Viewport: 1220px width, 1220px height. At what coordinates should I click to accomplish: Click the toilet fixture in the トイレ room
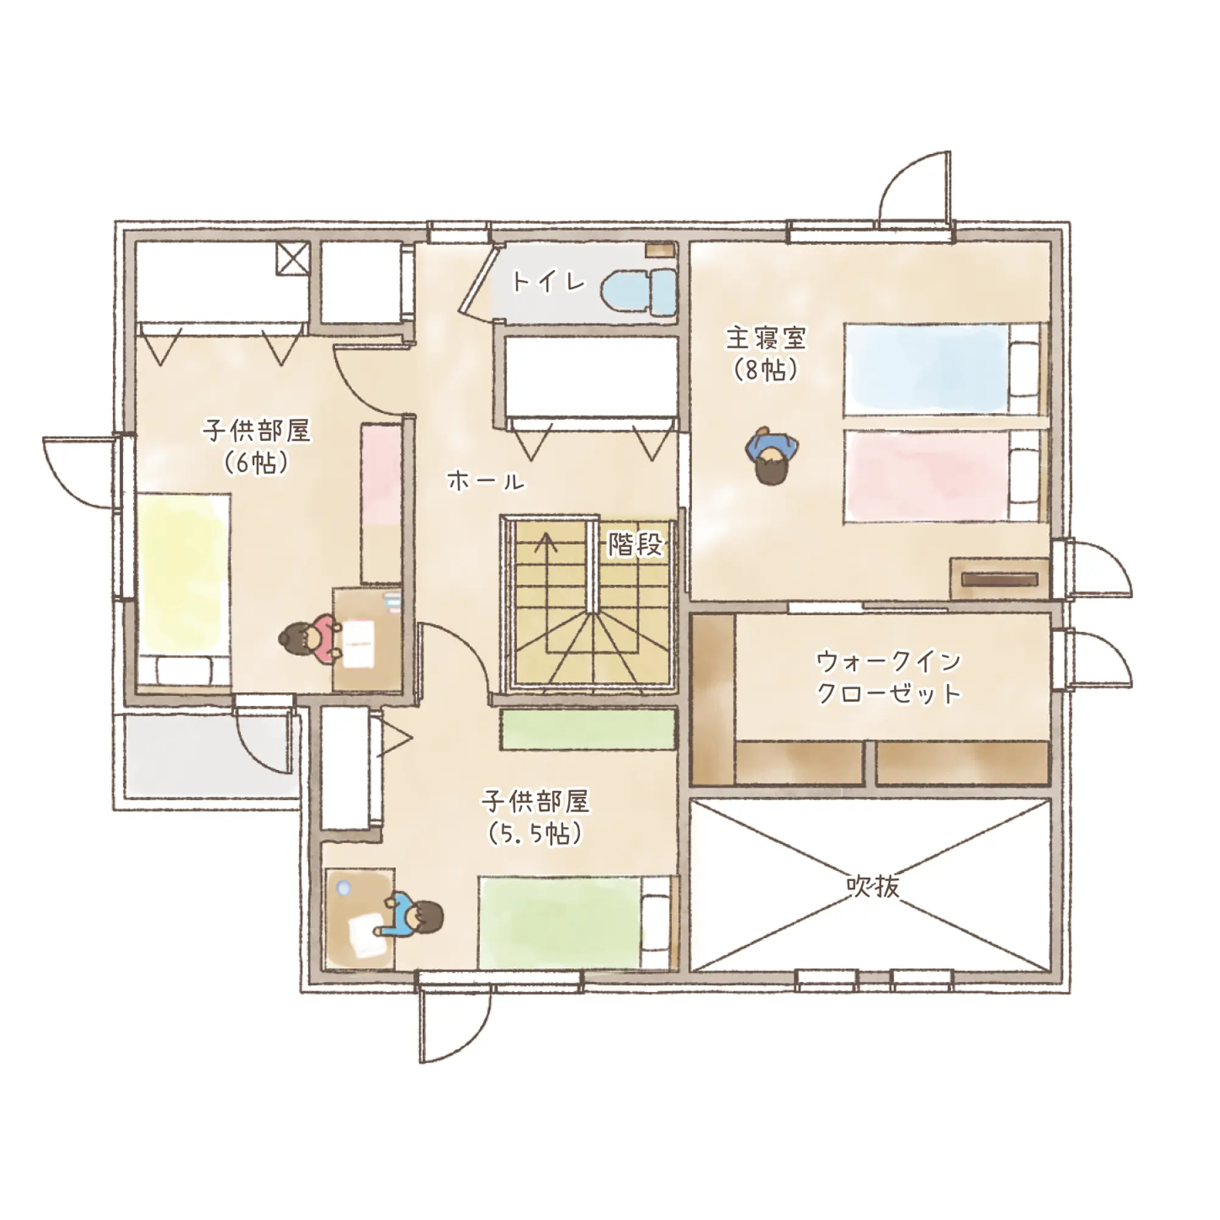click(x=639, y=292)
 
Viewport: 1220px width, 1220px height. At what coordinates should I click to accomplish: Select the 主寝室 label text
click(x=766, y=338)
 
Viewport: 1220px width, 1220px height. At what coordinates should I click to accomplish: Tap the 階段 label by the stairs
click(x=634, y=544)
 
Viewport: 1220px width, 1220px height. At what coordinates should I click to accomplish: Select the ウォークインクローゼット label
click(x=889, y=678)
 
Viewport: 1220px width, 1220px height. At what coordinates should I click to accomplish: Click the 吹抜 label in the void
click(x=873, y=887)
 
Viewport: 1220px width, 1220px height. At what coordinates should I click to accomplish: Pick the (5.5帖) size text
click(x=535, y=834)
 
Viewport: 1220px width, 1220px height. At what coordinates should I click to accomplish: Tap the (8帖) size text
click(x=766, y=370)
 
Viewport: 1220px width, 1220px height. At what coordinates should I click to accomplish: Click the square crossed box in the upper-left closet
click(x=293, y=258)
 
